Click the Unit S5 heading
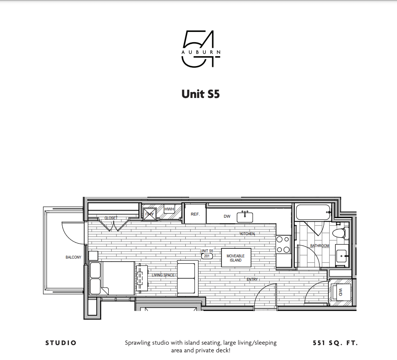pos(201,94)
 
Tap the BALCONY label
pos(73,257)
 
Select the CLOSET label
pos(111,218)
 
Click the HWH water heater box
pos(169,209)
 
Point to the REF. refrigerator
pos(195,214)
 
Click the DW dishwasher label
pos(227,216)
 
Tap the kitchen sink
pos(245,216)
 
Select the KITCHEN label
pos(247,234)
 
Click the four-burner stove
pos(283,245)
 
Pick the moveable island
pos(236,258)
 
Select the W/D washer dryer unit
pos(341,292)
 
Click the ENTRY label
pos(252,279)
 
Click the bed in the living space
pos(113,278)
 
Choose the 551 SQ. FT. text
pos(334,343)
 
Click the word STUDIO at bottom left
pos(61,343)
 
